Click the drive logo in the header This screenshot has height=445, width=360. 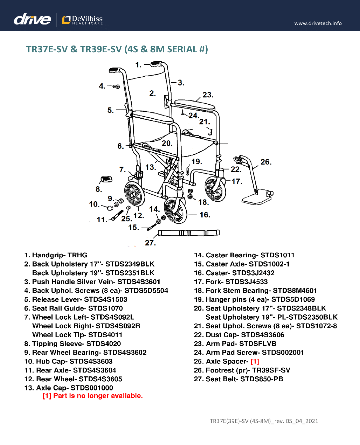(32, 19)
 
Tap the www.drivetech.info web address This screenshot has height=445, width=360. (318, 23)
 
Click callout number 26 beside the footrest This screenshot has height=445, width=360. (265, 162)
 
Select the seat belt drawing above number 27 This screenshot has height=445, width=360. (189, 233)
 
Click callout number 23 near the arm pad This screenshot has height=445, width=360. (207, 95)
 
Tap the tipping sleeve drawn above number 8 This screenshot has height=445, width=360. (106, 180)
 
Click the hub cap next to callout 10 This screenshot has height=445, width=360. (110, 208)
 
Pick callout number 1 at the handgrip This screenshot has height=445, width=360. (138, 65)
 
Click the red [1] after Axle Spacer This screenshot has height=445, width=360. (255, 362)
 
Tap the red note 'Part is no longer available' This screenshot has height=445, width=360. (93, 396)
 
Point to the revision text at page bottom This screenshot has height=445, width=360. (264, 421)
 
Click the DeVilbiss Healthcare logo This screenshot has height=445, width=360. (83, 20)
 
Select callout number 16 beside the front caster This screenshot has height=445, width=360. (205, 215)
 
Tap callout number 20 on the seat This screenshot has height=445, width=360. (167, 143)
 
